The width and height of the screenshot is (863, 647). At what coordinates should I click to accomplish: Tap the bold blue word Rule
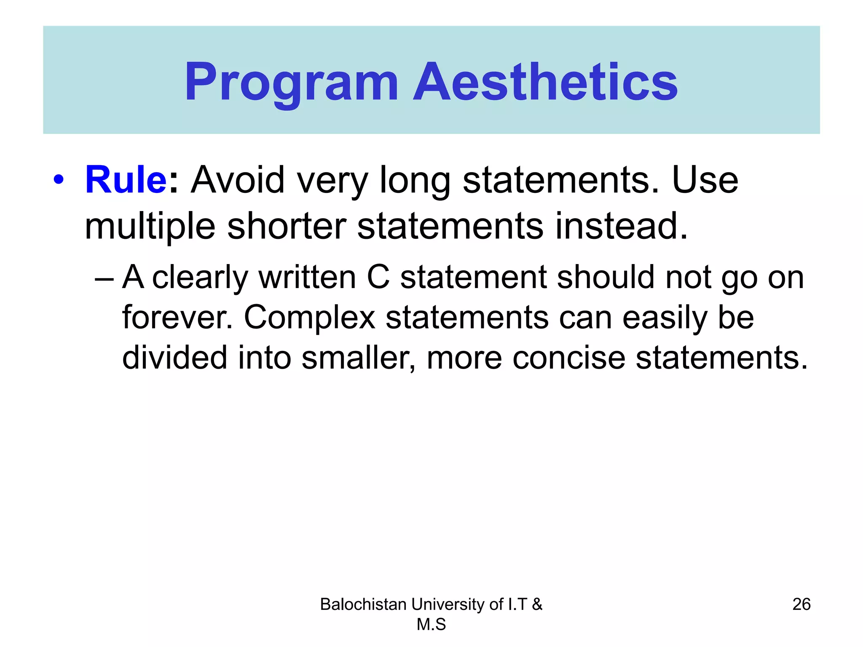pyautogui.click(x=126, y=180)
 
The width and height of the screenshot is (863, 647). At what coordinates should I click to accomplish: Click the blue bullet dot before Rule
pyautogui.click(x=59, y=180)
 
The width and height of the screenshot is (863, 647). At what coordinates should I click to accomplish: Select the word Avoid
pyautogui.click(x=238, y=180)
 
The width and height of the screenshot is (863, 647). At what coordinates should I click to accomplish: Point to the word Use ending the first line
pyautogui.click(x=705, y=180)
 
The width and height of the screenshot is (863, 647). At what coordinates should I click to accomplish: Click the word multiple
pyautogui.click(x=150, y=227)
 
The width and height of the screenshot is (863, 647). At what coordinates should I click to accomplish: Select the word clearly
pyautogui.click(x=200, y=278)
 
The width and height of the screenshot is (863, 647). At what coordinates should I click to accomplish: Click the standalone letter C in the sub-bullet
pyautogui.click(x=378, y=278)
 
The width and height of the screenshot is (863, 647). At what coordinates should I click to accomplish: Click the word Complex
pyautogui.click(x=309, y=318)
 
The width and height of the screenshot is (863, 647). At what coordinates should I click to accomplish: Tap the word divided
pyautogui.click(x=174, y=358)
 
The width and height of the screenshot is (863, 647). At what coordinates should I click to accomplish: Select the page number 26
pyautogui.click(x=801, y=604)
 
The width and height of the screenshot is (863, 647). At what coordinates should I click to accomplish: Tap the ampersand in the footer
pyautogui.click(x=537, y=604)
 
